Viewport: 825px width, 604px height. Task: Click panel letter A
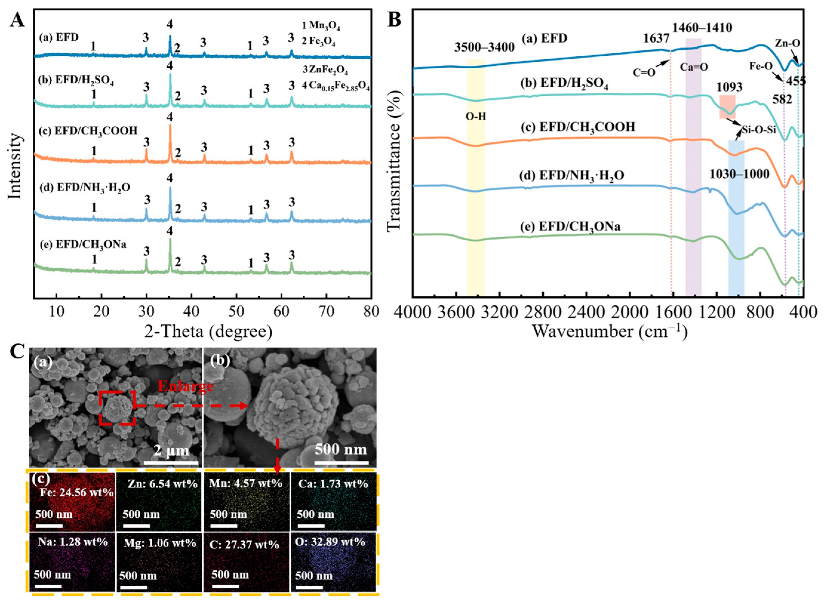[x=17, y=19]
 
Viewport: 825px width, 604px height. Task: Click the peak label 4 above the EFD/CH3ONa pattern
[x=170, y=231]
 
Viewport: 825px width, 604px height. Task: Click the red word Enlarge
[x=186, y=386]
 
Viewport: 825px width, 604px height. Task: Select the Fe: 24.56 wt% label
[x=76, y=492]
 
